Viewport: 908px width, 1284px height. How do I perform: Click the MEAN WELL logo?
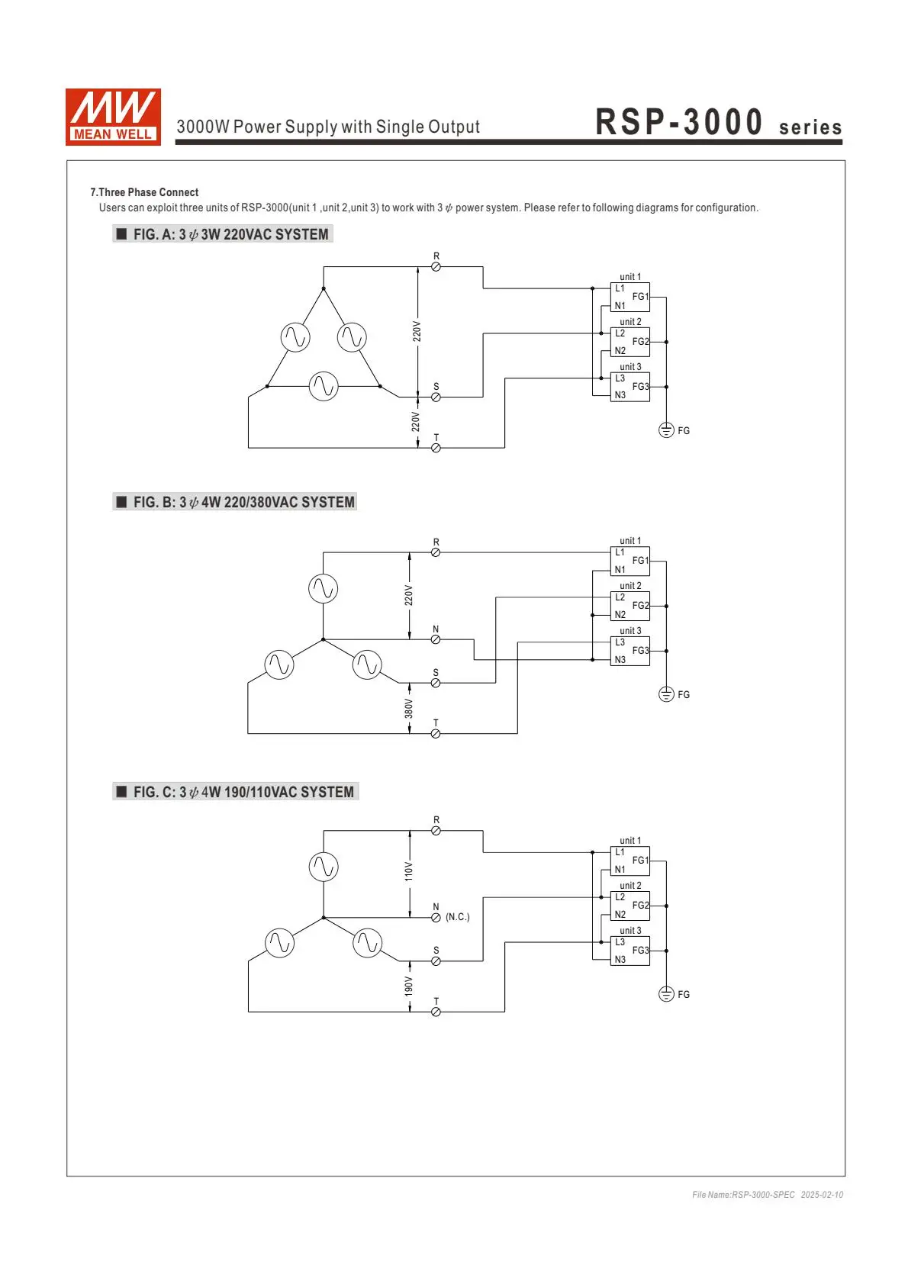pyautogui.click(x=113, y=117)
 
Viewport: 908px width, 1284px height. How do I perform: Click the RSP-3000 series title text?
pyautogui.click(x=719, y=121)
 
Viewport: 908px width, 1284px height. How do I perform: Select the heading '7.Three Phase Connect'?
pyautogui.click(x=144, y=192)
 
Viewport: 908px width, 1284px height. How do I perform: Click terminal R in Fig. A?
pyautogui.click(x=436, y=267)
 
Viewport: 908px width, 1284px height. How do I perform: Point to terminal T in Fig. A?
pyautogui.click(x=436, y=449)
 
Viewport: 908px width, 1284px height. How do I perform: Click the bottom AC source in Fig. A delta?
pyautogui.click(x=324, y=386)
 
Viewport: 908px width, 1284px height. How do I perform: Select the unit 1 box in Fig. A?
pyautogui.click(x=630, y=297)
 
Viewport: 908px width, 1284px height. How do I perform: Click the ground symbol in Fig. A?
pyautogui.click(x=666, y=430)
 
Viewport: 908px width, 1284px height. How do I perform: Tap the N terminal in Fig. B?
pyautogui.click(x=436, y=639)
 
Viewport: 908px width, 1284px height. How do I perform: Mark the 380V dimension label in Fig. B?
pyautogui.click(x=408, y=709)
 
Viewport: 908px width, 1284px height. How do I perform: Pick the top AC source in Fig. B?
pyautogui.click(x=323, y=589)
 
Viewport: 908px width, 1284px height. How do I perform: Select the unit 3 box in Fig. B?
pyautogui.click(x=630, y=652)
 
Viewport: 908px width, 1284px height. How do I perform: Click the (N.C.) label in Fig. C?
pyautogui.click(x=458, y=917)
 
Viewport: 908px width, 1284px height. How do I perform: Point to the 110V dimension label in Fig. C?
pyautogui.click(x=408, y=871)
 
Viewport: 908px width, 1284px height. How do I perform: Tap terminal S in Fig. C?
pyautogui.click(x=436, y=961)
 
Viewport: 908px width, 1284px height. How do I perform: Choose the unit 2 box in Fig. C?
pyautogui.click(x=630, y=906)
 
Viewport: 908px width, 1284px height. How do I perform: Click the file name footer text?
pyautogui.click(x=768, y=1195)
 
